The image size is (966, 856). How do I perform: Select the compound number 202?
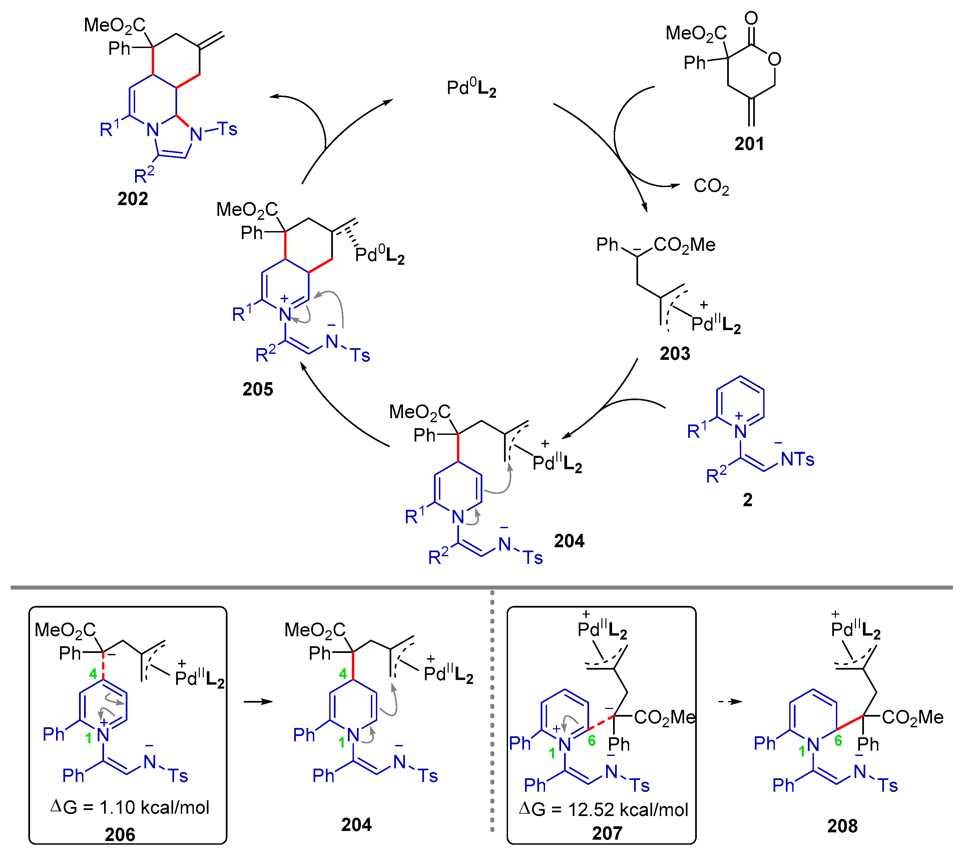click(x=133, y=198)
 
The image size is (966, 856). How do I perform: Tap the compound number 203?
click(x=675, y=353)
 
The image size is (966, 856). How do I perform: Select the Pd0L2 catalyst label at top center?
click(x=471, y=88)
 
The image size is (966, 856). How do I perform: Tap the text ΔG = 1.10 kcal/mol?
click(x=129, y=807)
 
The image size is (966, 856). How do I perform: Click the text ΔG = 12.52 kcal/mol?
click(x=603, y=810)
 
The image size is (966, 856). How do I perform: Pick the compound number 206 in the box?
click(x=120, y=835)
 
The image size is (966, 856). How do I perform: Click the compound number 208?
click(x=842, y=826)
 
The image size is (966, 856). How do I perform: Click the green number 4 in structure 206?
click(x=93, y=673)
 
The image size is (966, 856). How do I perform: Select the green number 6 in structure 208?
click(x=838, y=740)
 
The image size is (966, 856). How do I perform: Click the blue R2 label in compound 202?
click(x=144, y=175)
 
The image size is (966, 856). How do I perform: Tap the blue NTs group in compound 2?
click(x=797, y=459)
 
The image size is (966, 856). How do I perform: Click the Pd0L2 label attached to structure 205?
click(x=380, y=255)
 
